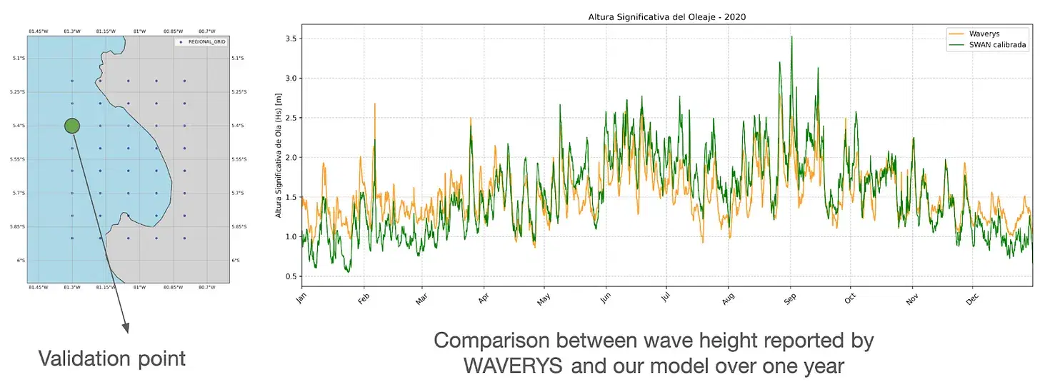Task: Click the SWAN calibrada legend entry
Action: [x=997, y=44]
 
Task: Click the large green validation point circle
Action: [x=71, y=126]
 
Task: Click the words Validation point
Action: [x=111, y=358]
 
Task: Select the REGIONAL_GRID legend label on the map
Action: [x=207, y=42]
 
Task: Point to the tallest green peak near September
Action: [x=791, y=37]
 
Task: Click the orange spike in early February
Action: [x=374, y=104]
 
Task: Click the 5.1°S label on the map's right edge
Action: [x=238, y=58]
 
